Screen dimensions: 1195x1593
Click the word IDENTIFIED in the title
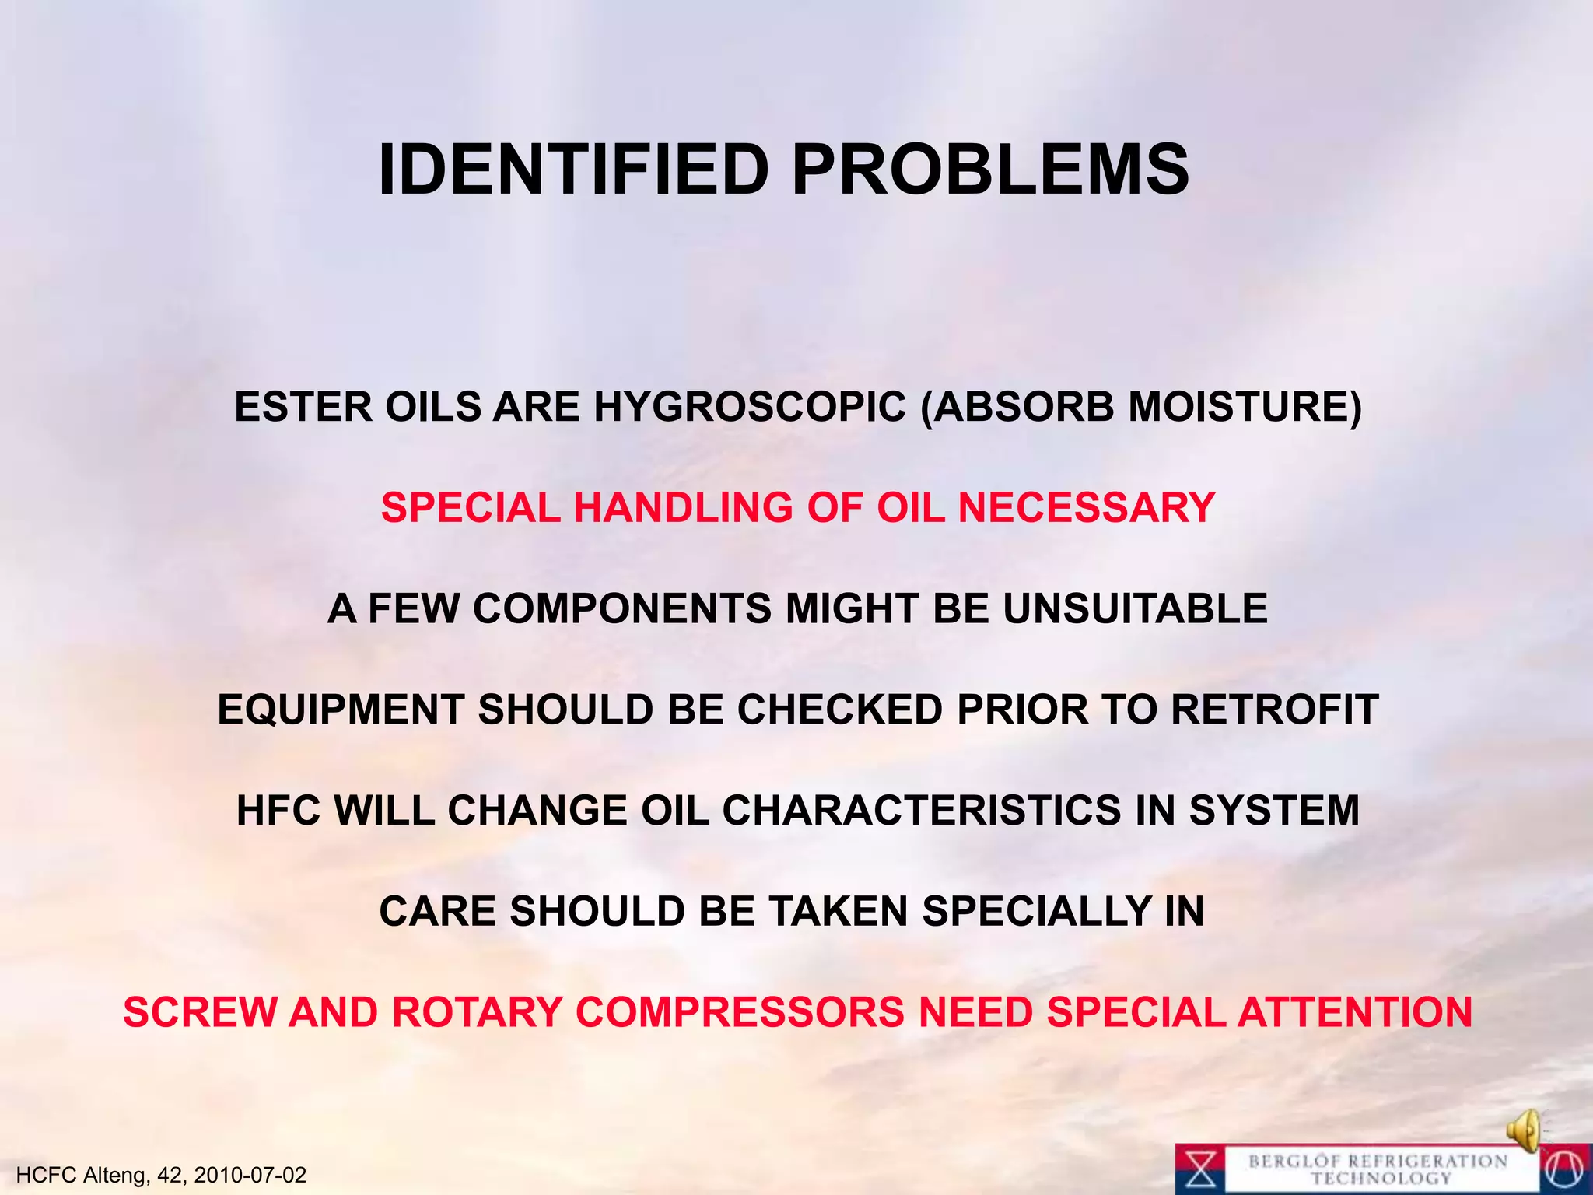(x=573, y=170)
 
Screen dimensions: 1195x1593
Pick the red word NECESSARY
(x=1086, y=508)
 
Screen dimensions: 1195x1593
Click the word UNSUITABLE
(x=1135, y=608)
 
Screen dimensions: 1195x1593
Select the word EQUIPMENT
(x=341, y=710)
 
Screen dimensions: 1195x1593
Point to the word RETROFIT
(x=1274, y=710)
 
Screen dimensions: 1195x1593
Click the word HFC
(x=278, y=811)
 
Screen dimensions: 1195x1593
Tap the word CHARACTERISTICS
(x=921, y=811)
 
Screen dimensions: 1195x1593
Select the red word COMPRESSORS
(x=740, y=1013)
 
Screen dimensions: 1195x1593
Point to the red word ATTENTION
(x=1354, y=1013)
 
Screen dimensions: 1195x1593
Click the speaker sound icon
(x=1525, y=1130)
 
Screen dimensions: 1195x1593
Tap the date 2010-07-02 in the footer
(x=250, y=1175)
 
